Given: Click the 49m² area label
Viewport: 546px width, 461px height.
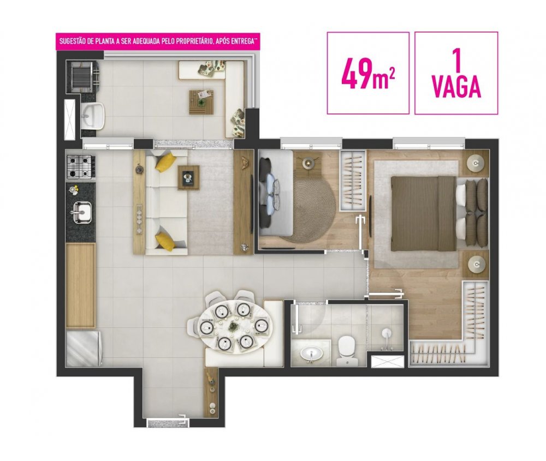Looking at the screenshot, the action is pos(368,73).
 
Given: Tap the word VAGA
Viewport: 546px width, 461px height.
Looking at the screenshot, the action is pos(456,88).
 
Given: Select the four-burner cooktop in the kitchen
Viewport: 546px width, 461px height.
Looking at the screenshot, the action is pos(79,166).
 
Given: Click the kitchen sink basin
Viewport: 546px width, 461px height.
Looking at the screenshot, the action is pos(82,212).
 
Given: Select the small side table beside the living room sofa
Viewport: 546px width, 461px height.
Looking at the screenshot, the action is pos(188,177).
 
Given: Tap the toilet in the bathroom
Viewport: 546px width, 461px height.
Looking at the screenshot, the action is pos(347,349).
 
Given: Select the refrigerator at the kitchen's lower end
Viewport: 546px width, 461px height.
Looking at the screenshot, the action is pos(84,348).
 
